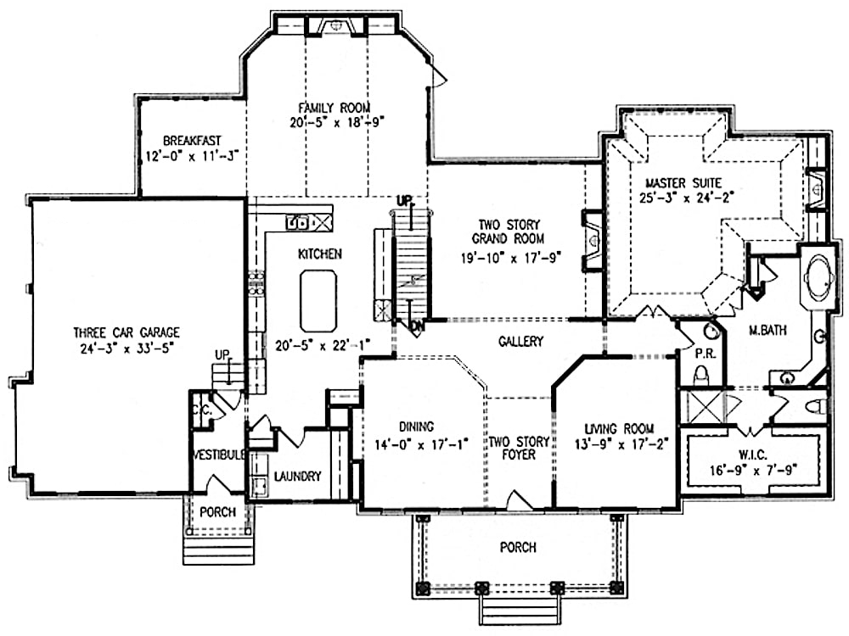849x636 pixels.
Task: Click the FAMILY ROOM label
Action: click(x=334, y=108)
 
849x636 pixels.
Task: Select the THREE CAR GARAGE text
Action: click(x=126, y=332)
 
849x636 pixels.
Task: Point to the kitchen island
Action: click(x=318, y=302)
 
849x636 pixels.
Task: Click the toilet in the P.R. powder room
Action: click(x=701, y=374)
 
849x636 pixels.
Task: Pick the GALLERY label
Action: click(x=520, y=341)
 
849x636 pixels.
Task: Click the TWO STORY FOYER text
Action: click(x=512, y=449)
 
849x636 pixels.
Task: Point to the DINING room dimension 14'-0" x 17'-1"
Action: click(x=417, y=443)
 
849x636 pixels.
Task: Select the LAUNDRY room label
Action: click(x=297, y=477)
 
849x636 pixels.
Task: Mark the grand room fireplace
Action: click(x=591, y=238)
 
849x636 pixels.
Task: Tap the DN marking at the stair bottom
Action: click(x=417, y=326)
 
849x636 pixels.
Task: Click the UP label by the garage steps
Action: click(x=222, y=354)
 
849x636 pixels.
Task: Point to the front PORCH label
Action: click(x=518, y=548)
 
